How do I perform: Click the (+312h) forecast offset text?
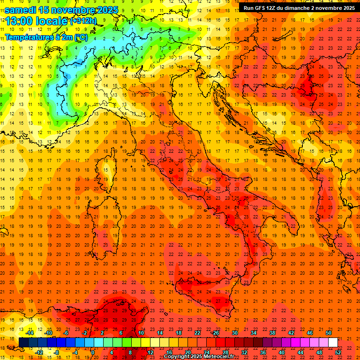(x=83, y=21)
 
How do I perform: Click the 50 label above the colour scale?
(x=329, y=333)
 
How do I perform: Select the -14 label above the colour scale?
(x=30, y=333)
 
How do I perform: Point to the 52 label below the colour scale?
(x=338, y=352)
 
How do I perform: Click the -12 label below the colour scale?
(x=39, y=352)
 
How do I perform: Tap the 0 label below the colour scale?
(x=93, y=352)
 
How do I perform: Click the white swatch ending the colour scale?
(x=333, y=343)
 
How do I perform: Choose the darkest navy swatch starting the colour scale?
(x=23, y=343)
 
